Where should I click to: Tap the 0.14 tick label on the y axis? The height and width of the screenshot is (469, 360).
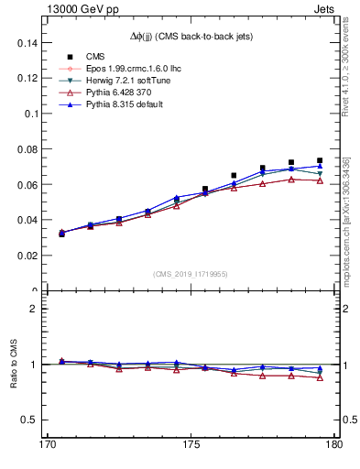pos(18,43)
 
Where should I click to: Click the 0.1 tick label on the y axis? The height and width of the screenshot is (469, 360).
pos(23,114)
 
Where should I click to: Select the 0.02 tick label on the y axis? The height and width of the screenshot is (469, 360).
pos(18,256)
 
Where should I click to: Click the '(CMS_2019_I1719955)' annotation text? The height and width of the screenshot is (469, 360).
pos(190,273)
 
